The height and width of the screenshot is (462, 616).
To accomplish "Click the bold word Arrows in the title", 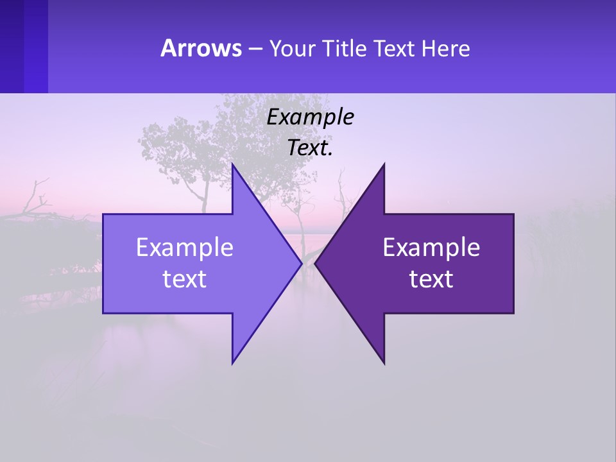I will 201,48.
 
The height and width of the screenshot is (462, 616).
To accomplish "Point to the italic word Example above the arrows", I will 311,117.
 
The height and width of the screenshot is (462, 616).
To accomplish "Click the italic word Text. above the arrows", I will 311,148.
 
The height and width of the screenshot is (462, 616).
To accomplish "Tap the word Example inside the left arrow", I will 185,248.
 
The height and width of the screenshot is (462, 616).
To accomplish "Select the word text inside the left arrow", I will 185,279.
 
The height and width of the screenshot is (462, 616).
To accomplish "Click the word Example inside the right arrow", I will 431,248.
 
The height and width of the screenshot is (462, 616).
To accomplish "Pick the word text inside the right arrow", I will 431,279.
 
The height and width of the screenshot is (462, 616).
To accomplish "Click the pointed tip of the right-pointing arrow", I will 301,263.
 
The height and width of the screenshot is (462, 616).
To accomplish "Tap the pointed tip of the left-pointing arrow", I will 316,263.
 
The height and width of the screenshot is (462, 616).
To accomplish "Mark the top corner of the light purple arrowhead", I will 233,165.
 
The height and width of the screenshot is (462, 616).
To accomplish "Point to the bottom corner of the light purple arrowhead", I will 233,362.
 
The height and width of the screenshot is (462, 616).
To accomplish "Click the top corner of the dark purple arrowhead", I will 384,165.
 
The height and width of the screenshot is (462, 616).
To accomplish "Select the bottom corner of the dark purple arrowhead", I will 384,363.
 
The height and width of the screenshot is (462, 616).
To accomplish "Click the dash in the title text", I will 255,49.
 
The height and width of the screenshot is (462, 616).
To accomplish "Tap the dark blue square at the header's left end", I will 23,46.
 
